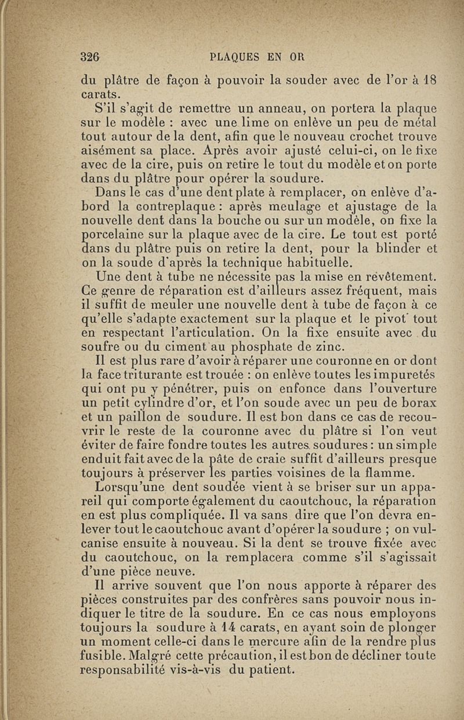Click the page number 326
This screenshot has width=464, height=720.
click(x=91, y=57)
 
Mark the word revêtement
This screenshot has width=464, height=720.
click(x=396, y=276)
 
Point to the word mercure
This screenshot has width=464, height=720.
click(x=256, y=641)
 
